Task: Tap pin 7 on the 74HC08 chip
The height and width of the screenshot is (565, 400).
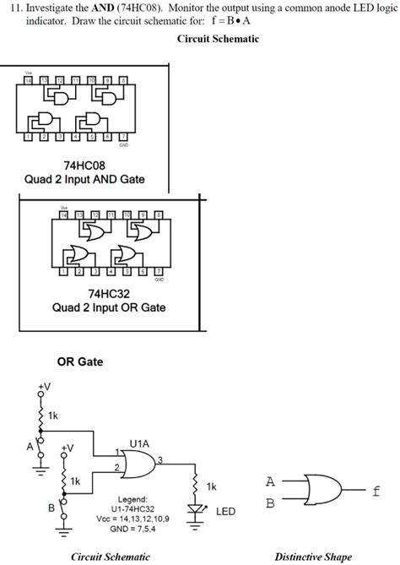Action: [123, 136]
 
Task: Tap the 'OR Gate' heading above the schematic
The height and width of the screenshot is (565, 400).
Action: [80, 362]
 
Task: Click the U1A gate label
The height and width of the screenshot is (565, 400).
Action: [141, 442]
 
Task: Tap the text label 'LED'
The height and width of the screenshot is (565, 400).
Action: [225, 512]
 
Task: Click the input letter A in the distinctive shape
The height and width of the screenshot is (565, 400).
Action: [270, 482]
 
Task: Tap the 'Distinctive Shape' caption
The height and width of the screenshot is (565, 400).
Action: [314, 557]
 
